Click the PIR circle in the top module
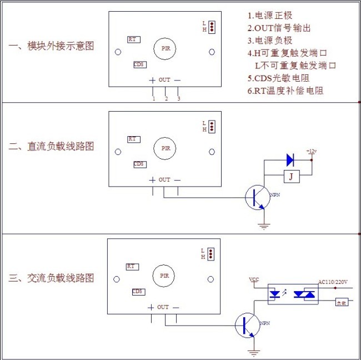pos(165,49)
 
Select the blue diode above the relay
pos(289,160)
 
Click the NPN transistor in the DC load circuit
pos(257,198)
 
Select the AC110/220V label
pos(333,282)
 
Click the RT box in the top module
pos(133,39)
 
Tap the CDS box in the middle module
pos(139,164)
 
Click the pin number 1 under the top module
pos(153,99)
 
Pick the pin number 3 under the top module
pos(178,99)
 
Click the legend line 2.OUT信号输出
pos(279,28)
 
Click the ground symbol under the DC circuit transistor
pos(264,226)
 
